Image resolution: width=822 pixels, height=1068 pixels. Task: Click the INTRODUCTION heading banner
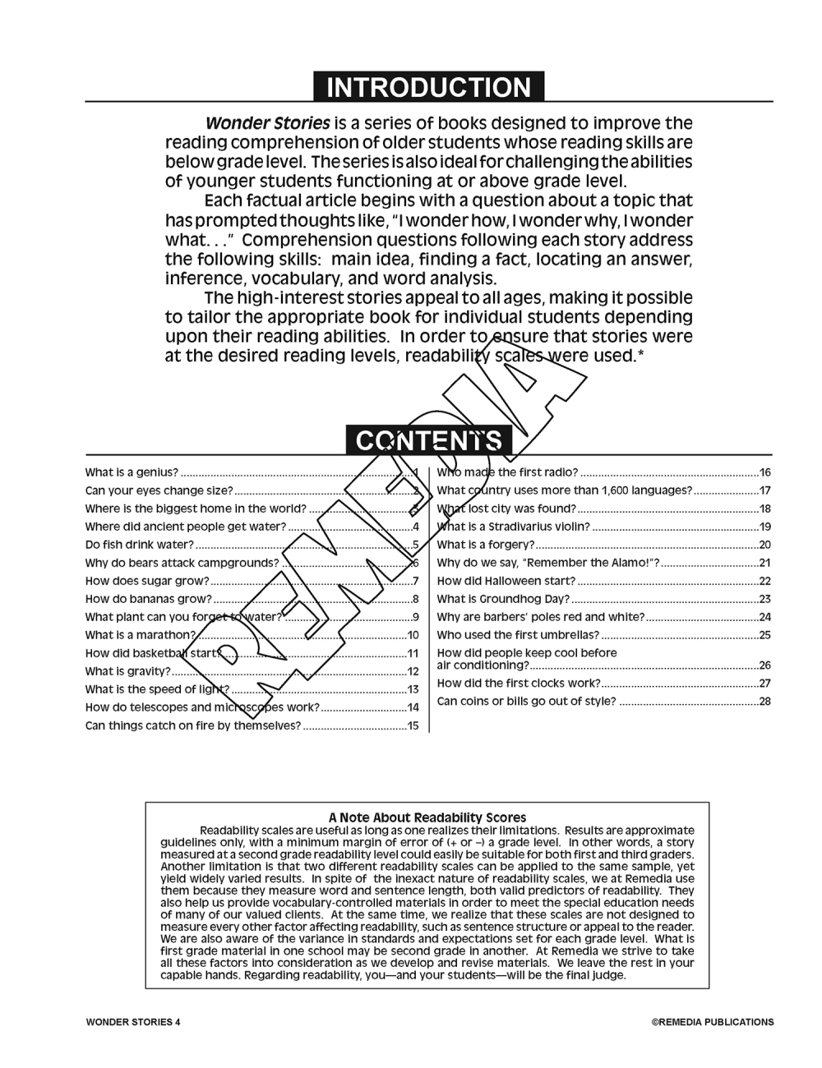[x=428, y=87]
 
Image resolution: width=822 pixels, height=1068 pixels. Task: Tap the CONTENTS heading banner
[x=428, y=441]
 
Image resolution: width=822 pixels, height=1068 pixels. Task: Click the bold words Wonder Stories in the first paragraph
[x=267, y=123]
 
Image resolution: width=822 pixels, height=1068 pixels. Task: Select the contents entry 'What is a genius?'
[x=132, y=472]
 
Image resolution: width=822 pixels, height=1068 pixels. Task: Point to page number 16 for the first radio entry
[x=764, y=472]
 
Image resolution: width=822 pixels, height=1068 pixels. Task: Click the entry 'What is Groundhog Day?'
[x=503, y=599]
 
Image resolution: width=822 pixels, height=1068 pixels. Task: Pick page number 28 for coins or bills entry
[x=764, y=701]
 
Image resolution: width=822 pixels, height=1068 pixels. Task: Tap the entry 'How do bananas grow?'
[x=148, y=599]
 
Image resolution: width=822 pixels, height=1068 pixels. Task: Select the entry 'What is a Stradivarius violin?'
[x=513, y=527]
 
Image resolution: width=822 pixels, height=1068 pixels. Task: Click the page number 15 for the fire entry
[x=413, y=725]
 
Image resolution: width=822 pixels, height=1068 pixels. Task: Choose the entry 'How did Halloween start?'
[x=506, y=581]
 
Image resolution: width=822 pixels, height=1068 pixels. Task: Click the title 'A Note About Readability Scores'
[x=427, y=817]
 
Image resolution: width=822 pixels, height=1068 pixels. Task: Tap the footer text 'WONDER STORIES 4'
[x=132, y=1022]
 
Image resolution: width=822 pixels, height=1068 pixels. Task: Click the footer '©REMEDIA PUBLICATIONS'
[x=713, y=1022]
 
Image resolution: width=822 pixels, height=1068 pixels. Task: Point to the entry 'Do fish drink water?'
[x=140, y=545]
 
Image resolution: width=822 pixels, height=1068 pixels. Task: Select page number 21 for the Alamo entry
[x=764, y=563]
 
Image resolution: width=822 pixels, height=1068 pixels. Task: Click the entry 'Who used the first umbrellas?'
[x=518, y=635]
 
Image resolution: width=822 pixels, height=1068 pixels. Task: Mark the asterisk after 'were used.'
[x=640, y=354]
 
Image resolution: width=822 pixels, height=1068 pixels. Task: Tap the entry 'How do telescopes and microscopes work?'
[x=202, y=707]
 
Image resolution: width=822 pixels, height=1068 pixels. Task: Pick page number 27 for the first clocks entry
[x=764, y=683]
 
